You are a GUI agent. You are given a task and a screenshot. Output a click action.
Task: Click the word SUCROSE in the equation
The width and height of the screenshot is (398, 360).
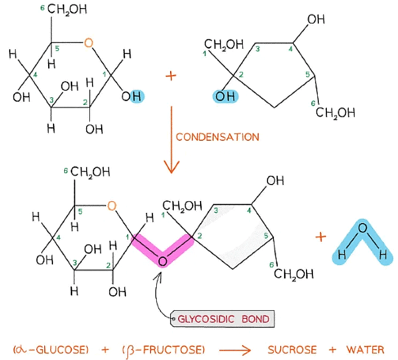(292, 350)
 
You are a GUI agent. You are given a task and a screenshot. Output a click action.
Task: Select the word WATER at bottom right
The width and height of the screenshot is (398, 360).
(365, 350)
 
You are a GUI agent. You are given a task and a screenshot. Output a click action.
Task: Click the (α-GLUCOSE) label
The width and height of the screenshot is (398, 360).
(51, 350)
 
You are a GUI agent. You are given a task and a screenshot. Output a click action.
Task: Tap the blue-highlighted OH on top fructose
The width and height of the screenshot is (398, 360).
(225, 97)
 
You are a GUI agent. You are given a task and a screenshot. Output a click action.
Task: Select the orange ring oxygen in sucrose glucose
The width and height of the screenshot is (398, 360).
(111, 205)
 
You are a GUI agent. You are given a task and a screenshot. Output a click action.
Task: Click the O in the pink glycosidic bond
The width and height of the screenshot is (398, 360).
(163, 261)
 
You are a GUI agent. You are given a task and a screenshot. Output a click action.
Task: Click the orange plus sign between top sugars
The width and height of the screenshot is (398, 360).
(171, 76)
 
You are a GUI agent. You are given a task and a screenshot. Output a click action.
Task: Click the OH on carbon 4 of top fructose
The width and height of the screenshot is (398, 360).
(316, 19)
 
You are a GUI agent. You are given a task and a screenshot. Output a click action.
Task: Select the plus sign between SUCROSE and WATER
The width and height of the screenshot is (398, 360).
(333, 350)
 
